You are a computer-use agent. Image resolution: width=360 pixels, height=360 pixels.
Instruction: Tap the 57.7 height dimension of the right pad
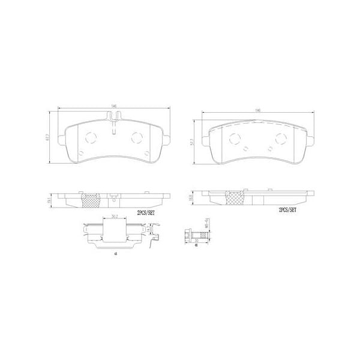(x=191, y=141)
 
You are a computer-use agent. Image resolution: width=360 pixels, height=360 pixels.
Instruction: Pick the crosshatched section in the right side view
(x=235, y=198)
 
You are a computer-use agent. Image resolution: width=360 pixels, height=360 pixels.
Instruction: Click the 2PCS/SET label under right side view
(x=287, y=211)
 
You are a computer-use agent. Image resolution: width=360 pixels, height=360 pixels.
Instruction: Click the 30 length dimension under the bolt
(x=196, y=245)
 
